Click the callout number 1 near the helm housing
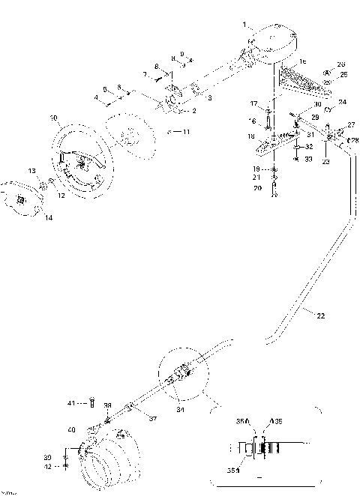[244, 25]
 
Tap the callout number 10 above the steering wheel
[53, 118]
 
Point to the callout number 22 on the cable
[321, 316]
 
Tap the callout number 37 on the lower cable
[153, 418]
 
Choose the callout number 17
[253, 103]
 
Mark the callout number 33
[308, 159]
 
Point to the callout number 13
[31, 172]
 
